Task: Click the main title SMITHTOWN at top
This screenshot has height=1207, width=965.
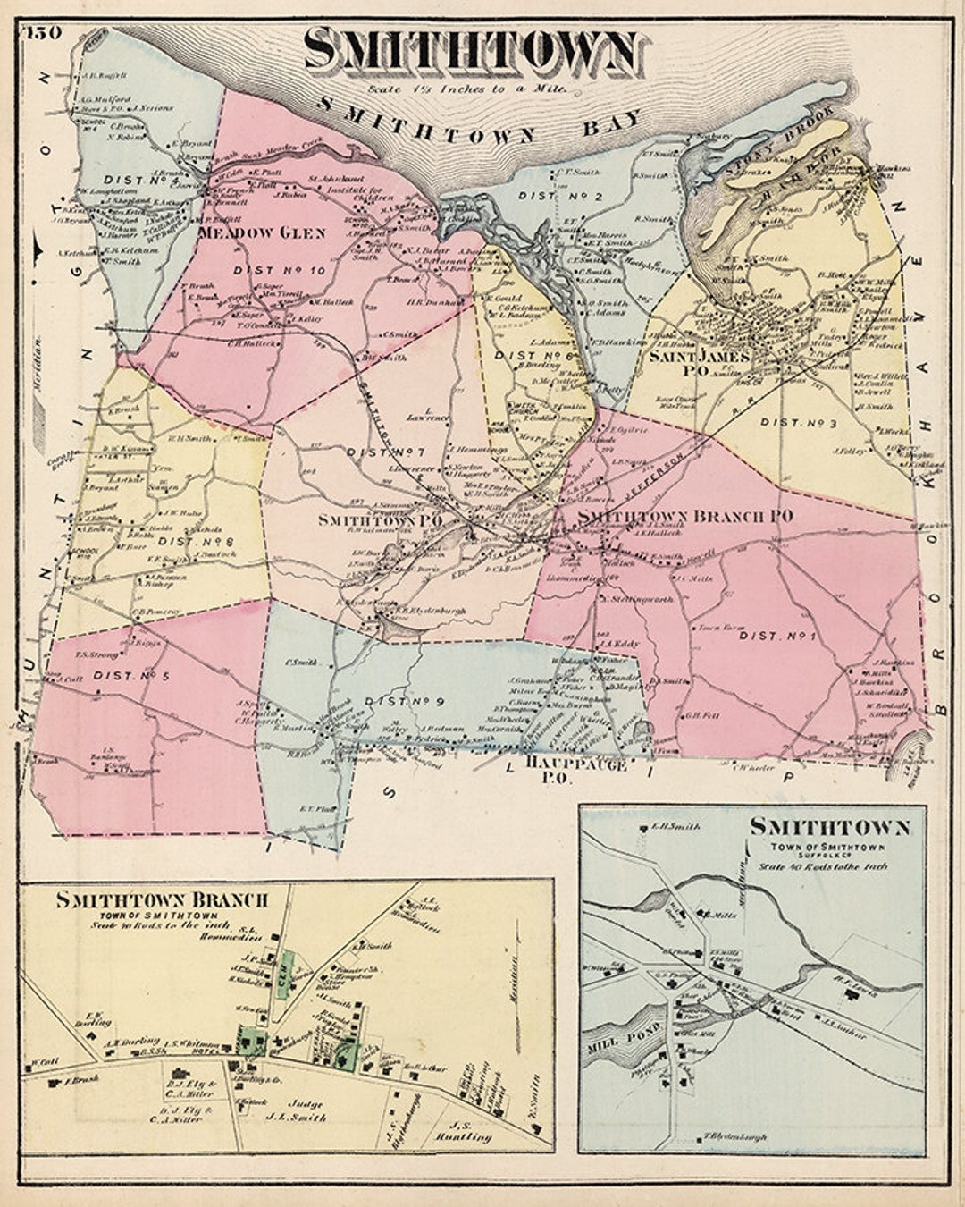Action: tap(472, 52)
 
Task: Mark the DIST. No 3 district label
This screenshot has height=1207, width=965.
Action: tap(798, 423)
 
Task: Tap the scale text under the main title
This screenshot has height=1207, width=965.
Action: tap(466, 88)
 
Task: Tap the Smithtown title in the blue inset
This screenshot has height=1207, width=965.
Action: tap(829, 827)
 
